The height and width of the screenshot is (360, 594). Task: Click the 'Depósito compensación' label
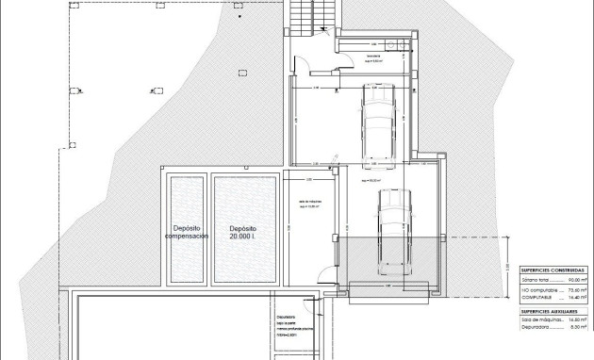click(x=187, y=233)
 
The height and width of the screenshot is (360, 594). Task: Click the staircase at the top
click(x=299, y=16)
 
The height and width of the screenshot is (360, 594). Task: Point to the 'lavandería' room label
click(x=375, y=57)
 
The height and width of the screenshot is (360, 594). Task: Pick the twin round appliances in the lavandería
click(x=402, y=44)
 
